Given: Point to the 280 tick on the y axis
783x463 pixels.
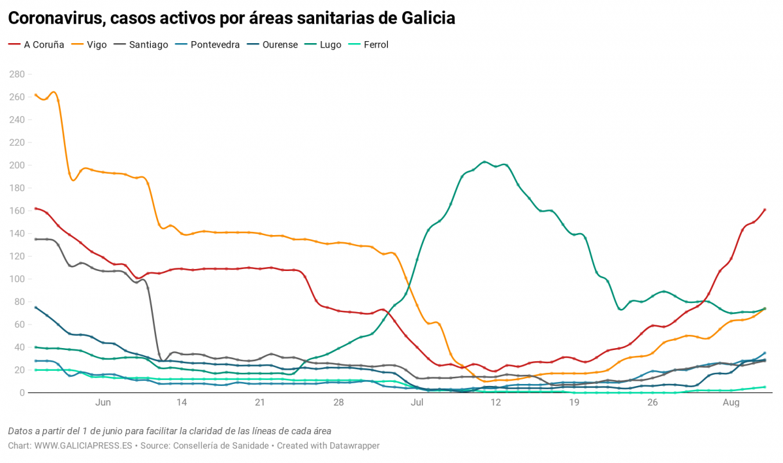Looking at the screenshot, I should (16, 74).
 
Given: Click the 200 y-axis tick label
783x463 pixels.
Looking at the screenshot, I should (16, 165).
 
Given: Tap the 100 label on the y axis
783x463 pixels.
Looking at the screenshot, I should (16, 279).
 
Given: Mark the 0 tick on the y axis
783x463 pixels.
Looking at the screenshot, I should (22, 392).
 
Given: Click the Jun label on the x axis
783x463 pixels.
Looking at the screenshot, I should (103, 403).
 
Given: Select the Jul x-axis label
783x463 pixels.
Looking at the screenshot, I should (417, 403).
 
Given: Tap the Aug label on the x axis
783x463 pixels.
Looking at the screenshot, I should (731, 403).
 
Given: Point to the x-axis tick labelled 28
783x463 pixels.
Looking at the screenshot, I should (338, 403).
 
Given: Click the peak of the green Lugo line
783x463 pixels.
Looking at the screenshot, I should (484, 162).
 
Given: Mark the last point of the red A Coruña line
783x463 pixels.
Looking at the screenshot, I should (765, 210).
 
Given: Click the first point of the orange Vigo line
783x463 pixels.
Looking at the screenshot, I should (35, 95).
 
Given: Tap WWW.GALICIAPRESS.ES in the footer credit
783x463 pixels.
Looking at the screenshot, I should (83, 445).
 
